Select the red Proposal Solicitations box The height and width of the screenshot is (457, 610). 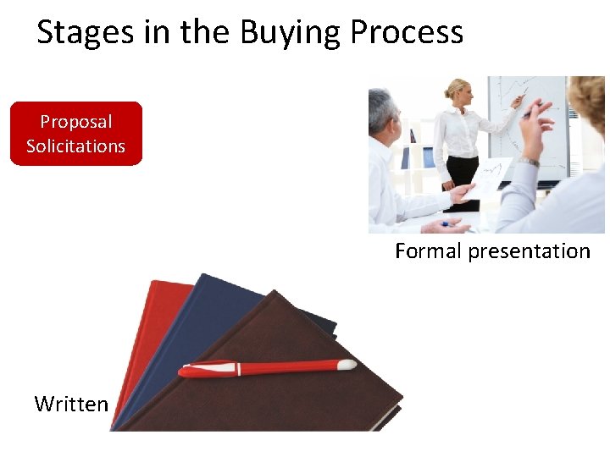(x=75, y=134)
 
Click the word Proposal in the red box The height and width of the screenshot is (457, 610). (x=75, y=122)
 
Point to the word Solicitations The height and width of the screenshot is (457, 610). (x=75, y=146)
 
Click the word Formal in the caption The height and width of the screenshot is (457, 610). (x=428, y=251)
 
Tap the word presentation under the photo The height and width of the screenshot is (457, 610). (x=529, y=251)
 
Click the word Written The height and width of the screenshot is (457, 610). (x=71, y=405)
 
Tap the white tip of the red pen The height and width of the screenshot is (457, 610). (x=347, y=365)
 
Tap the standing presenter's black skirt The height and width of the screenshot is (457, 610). (x=463, y=173)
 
